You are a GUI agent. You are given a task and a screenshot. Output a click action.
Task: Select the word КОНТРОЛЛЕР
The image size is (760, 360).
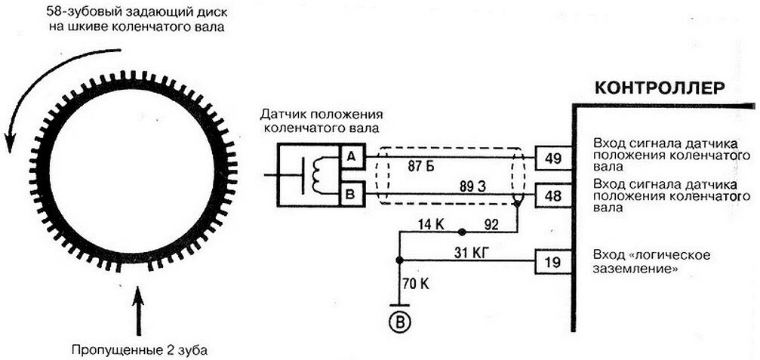tap(660, 87)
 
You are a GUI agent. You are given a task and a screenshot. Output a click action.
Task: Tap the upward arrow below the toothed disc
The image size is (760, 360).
tap(137, 310)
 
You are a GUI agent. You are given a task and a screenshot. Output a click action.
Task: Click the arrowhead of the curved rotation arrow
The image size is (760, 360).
tap(11, 141)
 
